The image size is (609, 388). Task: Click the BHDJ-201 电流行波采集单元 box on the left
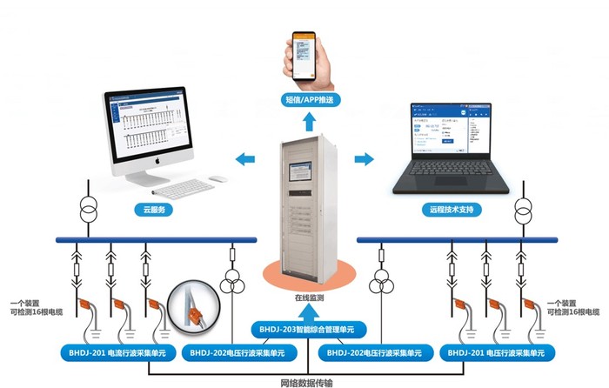(x=113, y=353)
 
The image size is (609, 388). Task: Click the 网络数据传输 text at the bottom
(x=304, y=381)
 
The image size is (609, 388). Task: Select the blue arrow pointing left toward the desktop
(x=249, y=158)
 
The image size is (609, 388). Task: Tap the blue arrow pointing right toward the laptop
(x=365, y=158)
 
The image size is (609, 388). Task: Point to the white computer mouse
(x=217, y=179)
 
